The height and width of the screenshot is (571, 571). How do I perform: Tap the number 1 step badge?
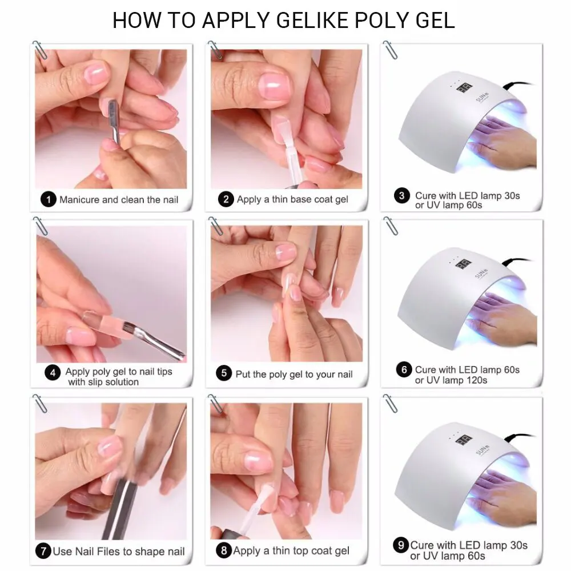(49, 199)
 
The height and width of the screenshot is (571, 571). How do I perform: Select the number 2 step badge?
(226, 199)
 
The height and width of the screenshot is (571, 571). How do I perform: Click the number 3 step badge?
(402, 196)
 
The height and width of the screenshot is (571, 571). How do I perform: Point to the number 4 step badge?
(53, 372)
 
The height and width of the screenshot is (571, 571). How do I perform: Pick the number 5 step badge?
(223, 374)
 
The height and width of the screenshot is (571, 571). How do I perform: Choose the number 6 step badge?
(403, 370)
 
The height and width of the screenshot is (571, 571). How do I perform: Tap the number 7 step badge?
(43, 552)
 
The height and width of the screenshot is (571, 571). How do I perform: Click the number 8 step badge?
(223, 551)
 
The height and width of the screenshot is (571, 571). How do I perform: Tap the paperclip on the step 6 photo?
(391, 225)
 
